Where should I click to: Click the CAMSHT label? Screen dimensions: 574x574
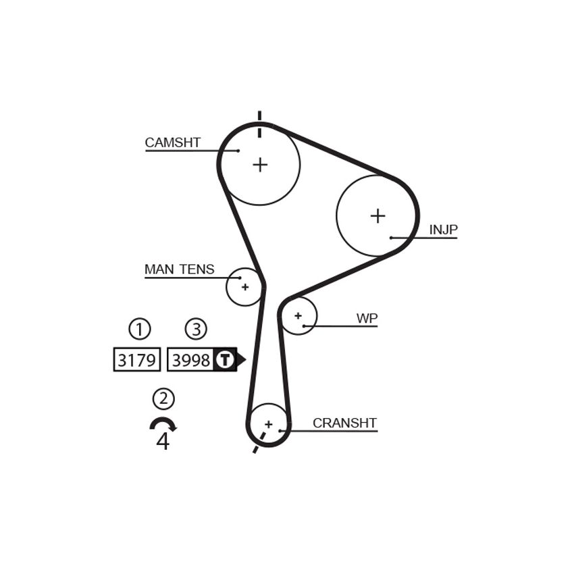pos(172,142)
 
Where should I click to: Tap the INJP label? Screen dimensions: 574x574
pos(443,230)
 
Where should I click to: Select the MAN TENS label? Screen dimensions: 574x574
pos(180,269)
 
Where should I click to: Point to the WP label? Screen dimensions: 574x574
pos(367,319)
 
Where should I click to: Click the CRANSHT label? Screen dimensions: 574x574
pos(344,423)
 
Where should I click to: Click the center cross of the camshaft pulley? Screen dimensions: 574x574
pos(260,165)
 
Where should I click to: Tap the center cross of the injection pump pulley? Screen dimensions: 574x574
pos(377,215)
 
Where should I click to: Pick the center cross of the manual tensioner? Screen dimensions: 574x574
pos(245,287)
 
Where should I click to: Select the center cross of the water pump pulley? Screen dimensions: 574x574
pos(298,315)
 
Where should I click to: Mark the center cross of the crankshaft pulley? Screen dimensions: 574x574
pos(269,424)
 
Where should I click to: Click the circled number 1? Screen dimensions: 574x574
pos(140,329)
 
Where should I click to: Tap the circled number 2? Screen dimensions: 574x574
pos(163,398)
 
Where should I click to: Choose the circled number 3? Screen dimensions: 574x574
pos(196,329)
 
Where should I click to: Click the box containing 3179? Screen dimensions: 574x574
pos(137,359)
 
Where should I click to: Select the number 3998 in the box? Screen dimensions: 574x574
pos(191,360)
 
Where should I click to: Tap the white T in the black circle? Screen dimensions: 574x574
pos(224,359)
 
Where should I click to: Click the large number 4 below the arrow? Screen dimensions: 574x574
pos(163,441)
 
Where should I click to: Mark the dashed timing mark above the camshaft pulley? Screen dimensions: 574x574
pos(259,124)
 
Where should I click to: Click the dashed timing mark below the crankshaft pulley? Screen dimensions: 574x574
pos(259,442)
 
